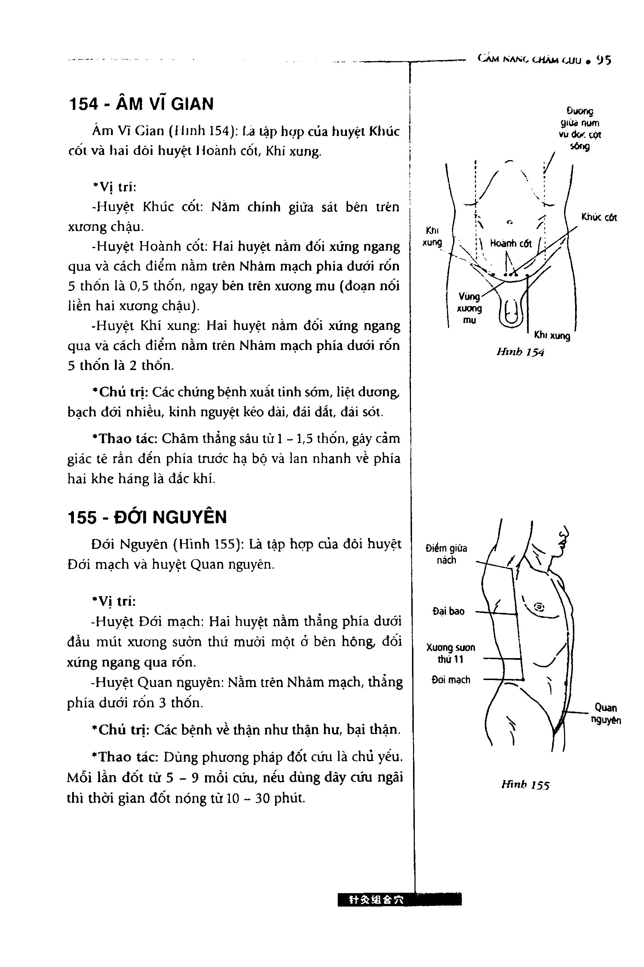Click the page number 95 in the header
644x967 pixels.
[x=604, y=61]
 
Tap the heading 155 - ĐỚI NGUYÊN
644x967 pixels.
[x=147, y=517]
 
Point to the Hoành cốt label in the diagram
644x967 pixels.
[x=511, y=244]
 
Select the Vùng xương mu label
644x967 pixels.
[x=469, y=308]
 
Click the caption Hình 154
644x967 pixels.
[x=520, y=352]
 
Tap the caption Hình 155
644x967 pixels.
[x=525, y=785]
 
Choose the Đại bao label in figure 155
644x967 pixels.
[x=448, y=611]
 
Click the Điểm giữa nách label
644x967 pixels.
[x=446, y=554]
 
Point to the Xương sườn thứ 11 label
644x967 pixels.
[x=451, y=654]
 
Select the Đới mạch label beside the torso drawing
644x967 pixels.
[x=451, y=680]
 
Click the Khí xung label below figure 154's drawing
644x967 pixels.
[x=552, y=336]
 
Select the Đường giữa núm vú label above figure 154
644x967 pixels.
[x=580, y=128]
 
